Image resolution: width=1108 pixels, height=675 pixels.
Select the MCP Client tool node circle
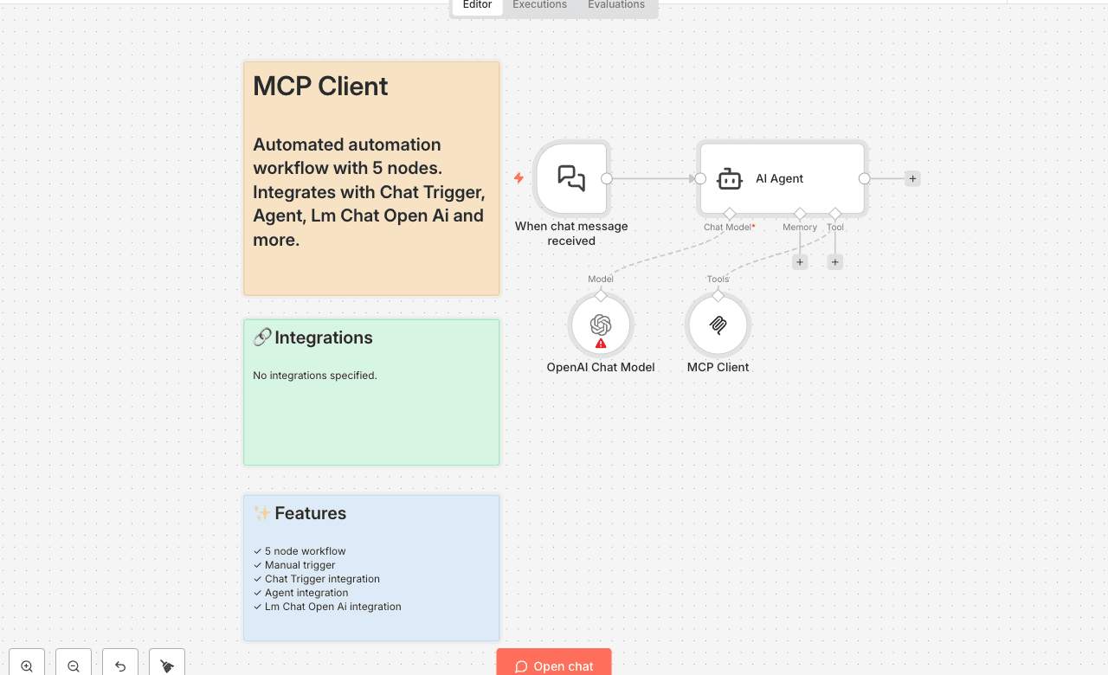pyautogui.click(x=718, y=325)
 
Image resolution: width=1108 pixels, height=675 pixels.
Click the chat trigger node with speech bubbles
pyautogui.click(x=571, y=178)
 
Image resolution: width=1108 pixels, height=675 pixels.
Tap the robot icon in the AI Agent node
pyautogui.click(x=730, y=179)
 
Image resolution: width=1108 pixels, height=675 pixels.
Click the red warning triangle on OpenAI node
pyautogui.click(x=601, y=344)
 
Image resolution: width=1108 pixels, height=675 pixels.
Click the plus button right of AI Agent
pyautogui.click(x=912, y=178)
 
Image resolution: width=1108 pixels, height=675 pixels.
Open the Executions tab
pyautogui.click(x=539, y=5)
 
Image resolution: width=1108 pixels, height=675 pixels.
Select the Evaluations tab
pyautogui.click(x=615, y=5)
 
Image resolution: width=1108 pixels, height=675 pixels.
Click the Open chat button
pyautogui.click(x=554, y=665)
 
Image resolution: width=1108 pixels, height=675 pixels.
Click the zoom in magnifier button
pyautogui.click(x=27, y=665)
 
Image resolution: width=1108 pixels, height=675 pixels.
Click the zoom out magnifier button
pyautogui.click(x=74, y=665)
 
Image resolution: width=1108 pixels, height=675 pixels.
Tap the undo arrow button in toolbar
pyautogui.click(x=120, y=665)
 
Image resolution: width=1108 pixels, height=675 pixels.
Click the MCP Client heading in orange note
pyautogui.click(x=320, y=87)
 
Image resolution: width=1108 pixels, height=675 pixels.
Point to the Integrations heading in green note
pyautogui.click(x=323, y=337)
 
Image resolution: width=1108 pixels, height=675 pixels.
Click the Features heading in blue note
pyautogui.click(x=310, y=513)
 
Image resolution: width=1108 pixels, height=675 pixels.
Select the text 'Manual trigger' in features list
pyautogui.click(x=300, y=565)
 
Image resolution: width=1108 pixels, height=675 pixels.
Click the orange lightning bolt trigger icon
pyautogui.click(x=519, y=178)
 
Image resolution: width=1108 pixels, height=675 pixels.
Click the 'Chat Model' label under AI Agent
pyautogui.click(x=727, y=227)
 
